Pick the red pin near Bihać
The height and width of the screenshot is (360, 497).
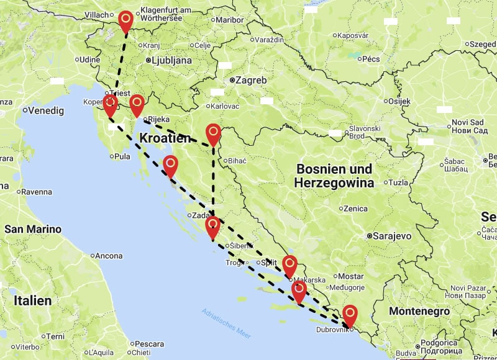point(213,133)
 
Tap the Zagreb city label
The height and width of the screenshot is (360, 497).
point(251,80)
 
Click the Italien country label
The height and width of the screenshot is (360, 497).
point(32,301)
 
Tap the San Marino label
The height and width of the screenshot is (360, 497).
point(33,230)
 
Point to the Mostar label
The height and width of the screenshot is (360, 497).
point(352,276)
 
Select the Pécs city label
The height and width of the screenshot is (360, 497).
point(370,59)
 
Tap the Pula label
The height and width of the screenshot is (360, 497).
point(122,156)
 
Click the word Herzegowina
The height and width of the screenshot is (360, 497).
point(334,183)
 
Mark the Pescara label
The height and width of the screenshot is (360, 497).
point(149,343)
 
